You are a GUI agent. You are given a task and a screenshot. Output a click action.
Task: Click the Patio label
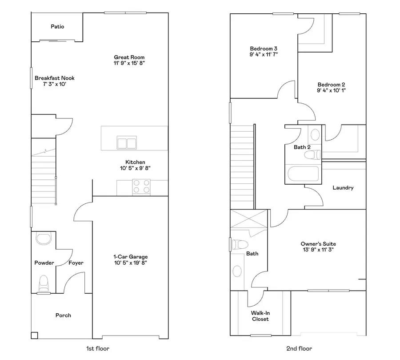(x=57, y=27)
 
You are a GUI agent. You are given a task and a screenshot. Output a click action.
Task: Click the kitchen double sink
(x=127, y=143)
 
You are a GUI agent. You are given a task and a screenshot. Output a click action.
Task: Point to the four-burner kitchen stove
(x=142, y=186)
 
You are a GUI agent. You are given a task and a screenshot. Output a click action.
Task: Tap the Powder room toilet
(x=44, y=282)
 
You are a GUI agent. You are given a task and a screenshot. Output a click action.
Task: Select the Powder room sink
(x=44, y=239)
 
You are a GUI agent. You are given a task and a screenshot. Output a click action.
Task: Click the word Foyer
(x=76, y=263)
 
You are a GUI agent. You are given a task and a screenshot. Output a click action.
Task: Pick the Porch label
(x=63, y=316)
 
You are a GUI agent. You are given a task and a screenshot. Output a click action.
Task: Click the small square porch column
(x=34, y=336)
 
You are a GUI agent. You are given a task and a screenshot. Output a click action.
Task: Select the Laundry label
(x=343, y=188)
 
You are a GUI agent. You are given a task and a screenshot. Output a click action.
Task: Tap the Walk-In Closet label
(x=260, y=316)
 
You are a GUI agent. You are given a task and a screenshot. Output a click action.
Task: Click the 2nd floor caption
(x=299, y=348)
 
